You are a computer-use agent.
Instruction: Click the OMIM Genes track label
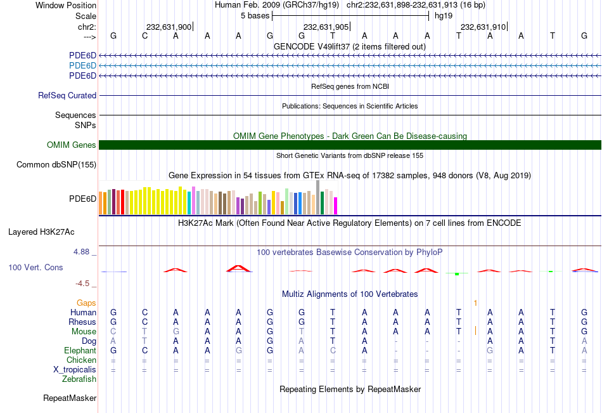[x=72, y=145]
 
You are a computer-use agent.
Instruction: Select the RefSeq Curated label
[x=67, y=96]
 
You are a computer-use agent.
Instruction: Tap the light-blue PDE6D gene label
[x=82, y=66]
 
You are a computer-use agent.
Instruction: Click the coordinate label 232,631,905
[x=326, y=27]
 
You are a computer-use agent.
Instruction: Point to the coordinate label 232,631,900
[x=169, y=27]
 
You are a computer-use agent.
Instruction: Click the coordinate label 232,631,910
[x=483, y=27]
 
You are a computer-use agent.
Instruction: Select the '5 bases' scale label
[x=255, y=16]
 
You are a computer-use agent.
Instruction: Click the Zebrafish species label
[x=79, y=379]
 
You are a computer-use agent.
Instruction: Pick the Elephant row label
[x=80, y=351]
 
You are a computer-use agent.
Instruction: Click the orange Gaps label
[x=87, y=303]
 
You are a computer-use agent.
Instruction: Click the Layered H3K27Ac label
[x=41, y=232]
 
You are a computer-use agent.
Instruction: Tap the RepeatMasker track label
[x=70, y=398]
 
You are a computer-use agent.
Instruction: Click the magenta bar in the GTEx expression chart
[x=335, y=206]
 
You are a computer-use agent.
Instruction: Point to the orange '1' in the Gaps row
[x=475, y=303]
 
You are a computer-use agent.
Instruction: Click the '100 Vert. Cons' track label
[x=35, y=268]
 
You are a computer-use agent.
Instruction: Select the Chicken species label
[x=81, y=360]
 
